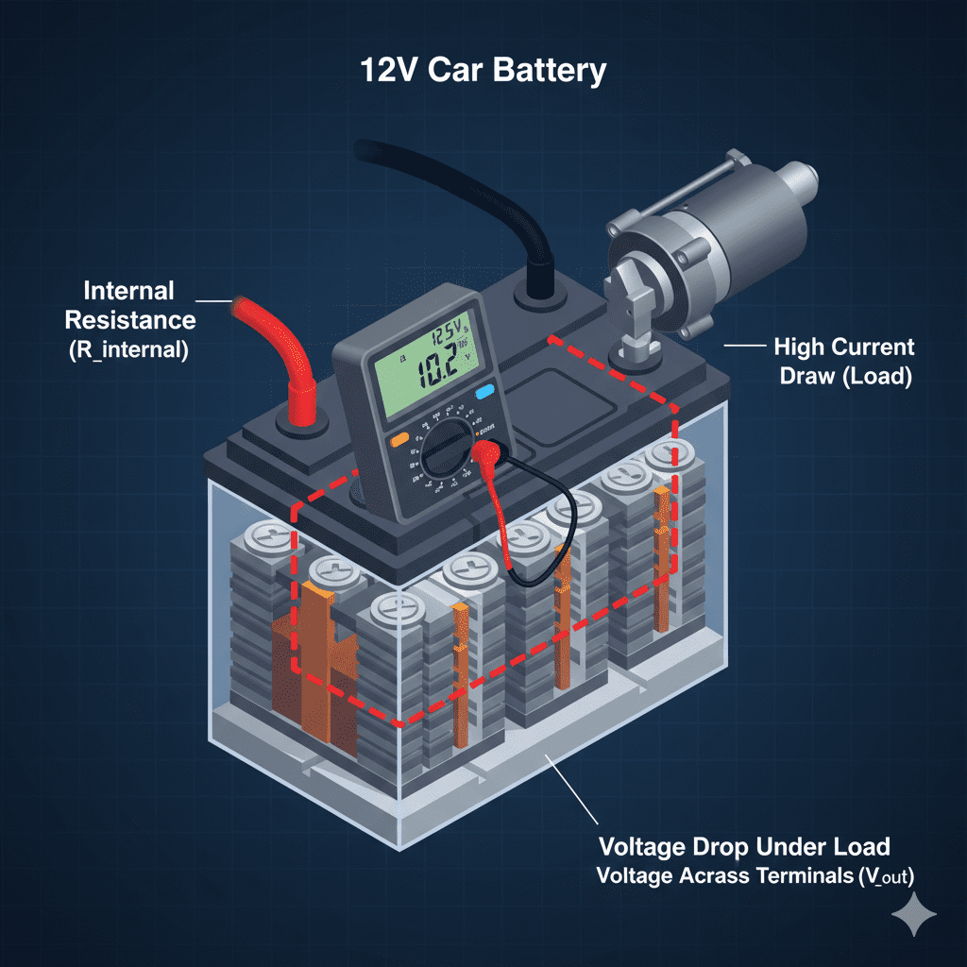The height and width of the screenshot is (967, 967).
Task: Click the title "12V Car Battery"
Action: point(483,72)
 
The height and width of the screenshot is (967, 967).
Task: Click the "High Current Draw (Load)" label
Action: point(843,362)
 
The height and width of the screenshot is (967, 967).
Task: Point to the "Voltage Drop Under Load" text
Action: point(745,845)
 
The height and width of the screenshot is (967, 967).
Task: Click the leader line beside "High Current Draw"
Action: point(745,347)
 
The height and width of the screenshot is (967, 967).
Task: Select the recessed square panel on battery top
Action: point(548,397)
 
